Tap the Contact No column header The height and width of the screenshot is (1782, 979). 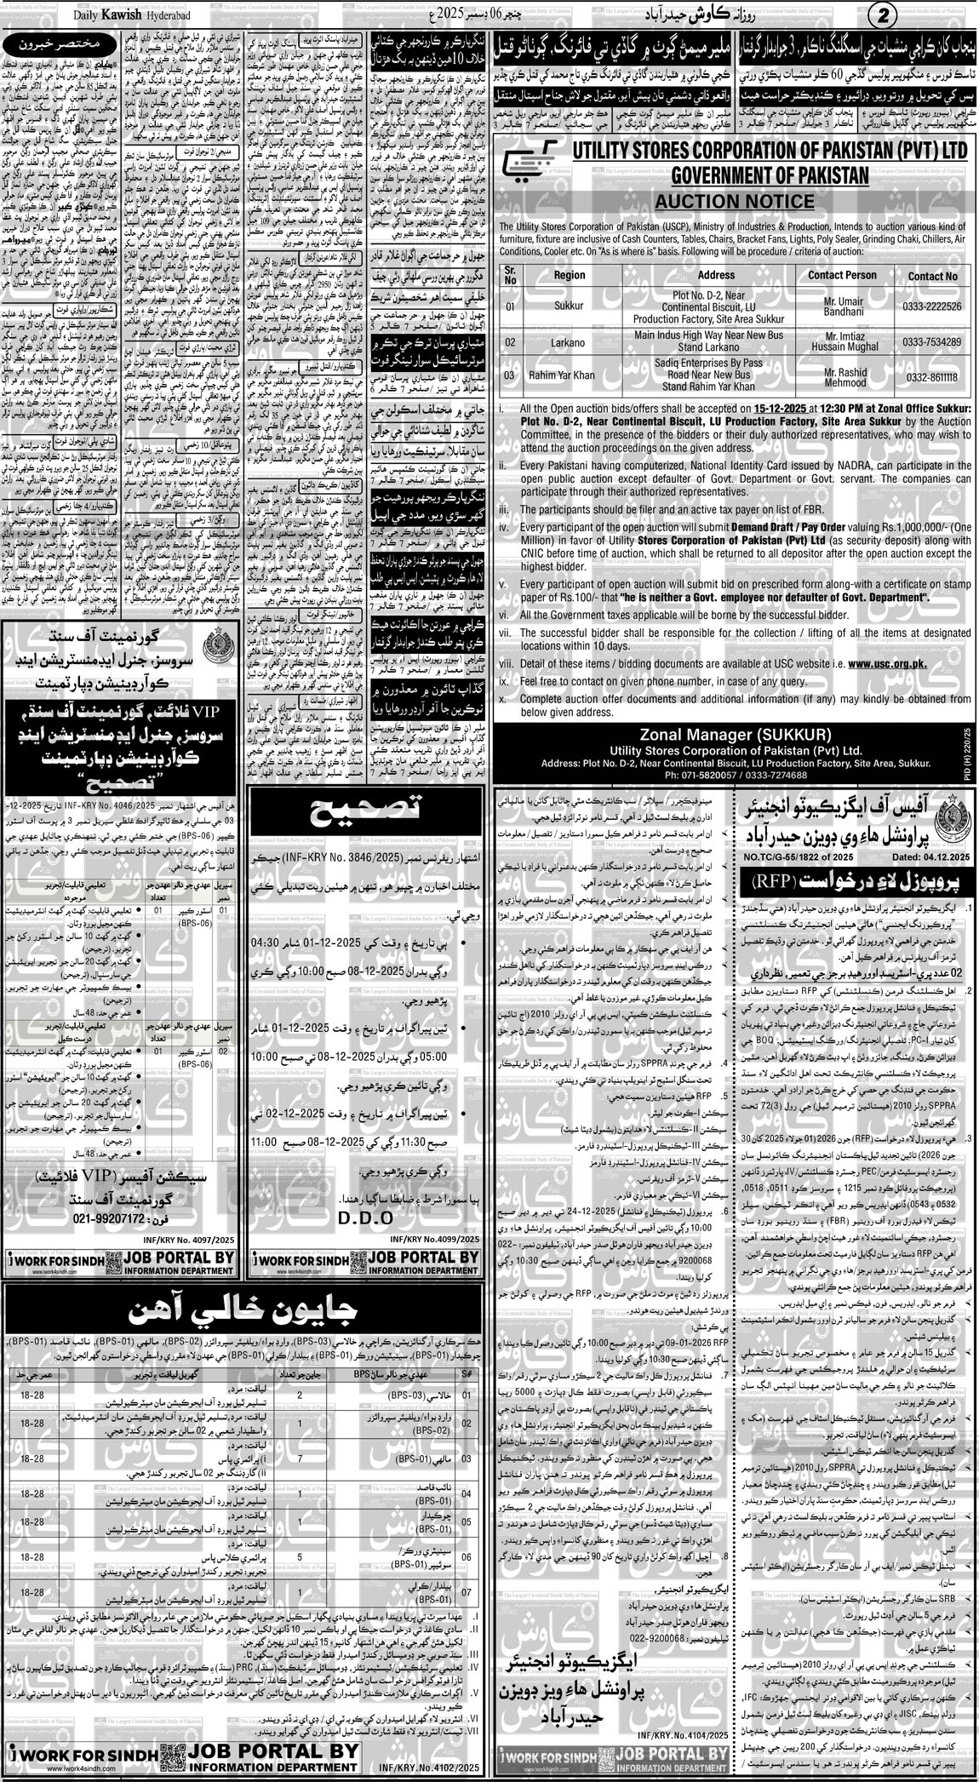click(931, 275)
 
